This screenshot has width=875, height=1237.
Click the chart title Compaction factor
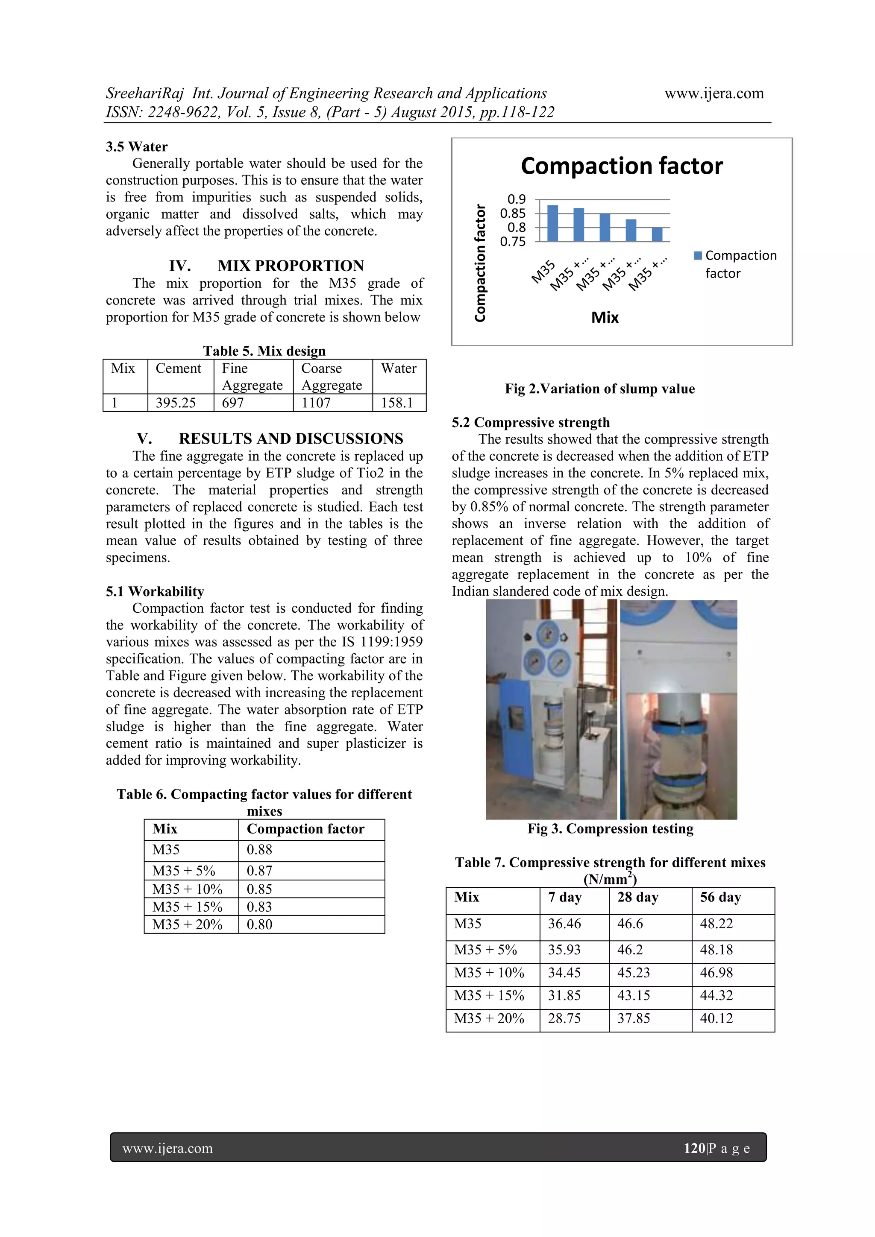(x=621, y=166)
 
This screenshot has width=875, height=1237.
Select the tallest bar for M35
(x=552, y=223)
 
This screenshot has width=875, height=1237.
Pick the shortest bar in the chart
(x=657, y=234)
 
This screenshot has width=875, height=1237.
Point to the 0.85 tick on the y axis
(x=512, y=213)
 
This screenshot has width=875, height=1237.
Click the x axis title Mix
(x=605, y=317)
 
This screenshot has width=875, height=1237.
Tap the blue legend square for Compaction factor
(x=698, y=255)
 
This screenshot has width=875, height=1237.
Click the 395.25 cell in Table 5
(x=176, y=403)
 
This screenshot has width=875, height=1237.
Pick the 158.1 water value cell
(x=397, y=403)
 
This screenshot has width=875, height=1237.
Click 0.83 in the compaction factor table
(x=259, y=907)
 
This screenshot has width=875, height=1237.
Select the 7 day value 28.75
(x=564, y=1018)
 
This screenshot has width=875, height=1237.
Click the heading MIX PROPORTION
(x=291, y=266)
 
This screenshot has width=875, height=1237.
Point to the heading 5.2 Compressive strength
(x=531, y=422)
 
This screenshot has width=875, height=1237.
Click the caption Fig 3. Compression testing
(x=610, y=829)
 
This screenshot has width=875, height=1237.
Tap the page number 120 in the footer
(x=694, y=1148)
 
